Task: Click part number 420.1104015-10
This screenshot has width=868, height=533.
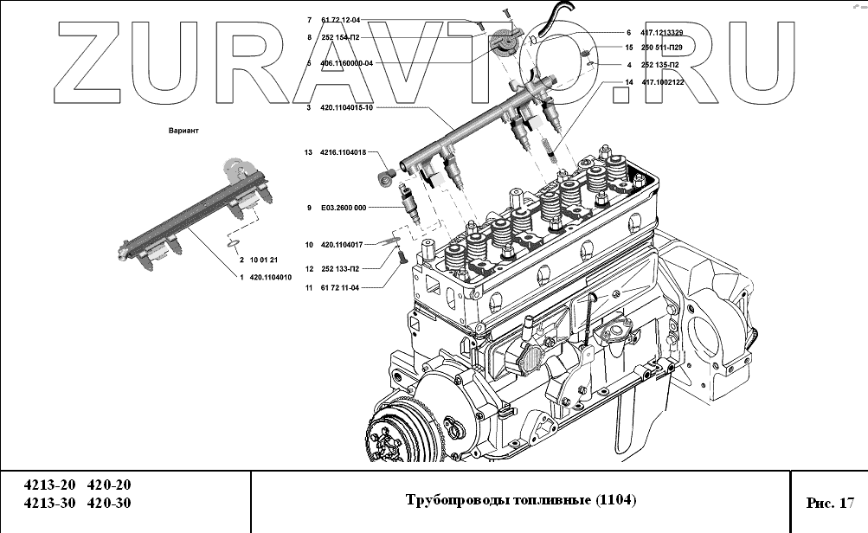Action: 348,107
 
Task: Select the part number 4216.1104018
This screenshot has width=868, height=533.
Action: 343,152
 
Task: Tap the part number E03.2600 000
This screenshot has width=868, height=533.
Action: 343,208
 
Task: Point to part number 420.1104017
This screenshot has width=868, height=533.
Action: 341,245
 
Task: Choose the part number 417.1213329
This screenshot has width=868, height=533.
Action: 662,32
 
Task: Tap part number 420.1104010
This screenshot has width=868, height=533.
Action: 270,277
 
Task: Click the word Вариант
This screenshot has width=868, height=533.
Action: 183,131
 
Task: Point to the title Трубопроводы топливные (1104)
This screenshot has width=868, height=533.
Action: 521,500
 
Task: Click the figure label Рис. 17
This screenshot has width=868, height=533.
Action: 829,501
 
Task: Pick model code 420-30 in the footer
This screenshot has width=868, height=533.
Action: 111,503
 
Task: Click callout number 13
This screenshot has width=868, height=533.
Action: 307,152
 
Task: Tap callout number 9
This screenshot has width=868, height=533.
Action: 309,208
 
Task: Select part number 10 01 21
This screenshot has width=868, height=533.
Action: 263,260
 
